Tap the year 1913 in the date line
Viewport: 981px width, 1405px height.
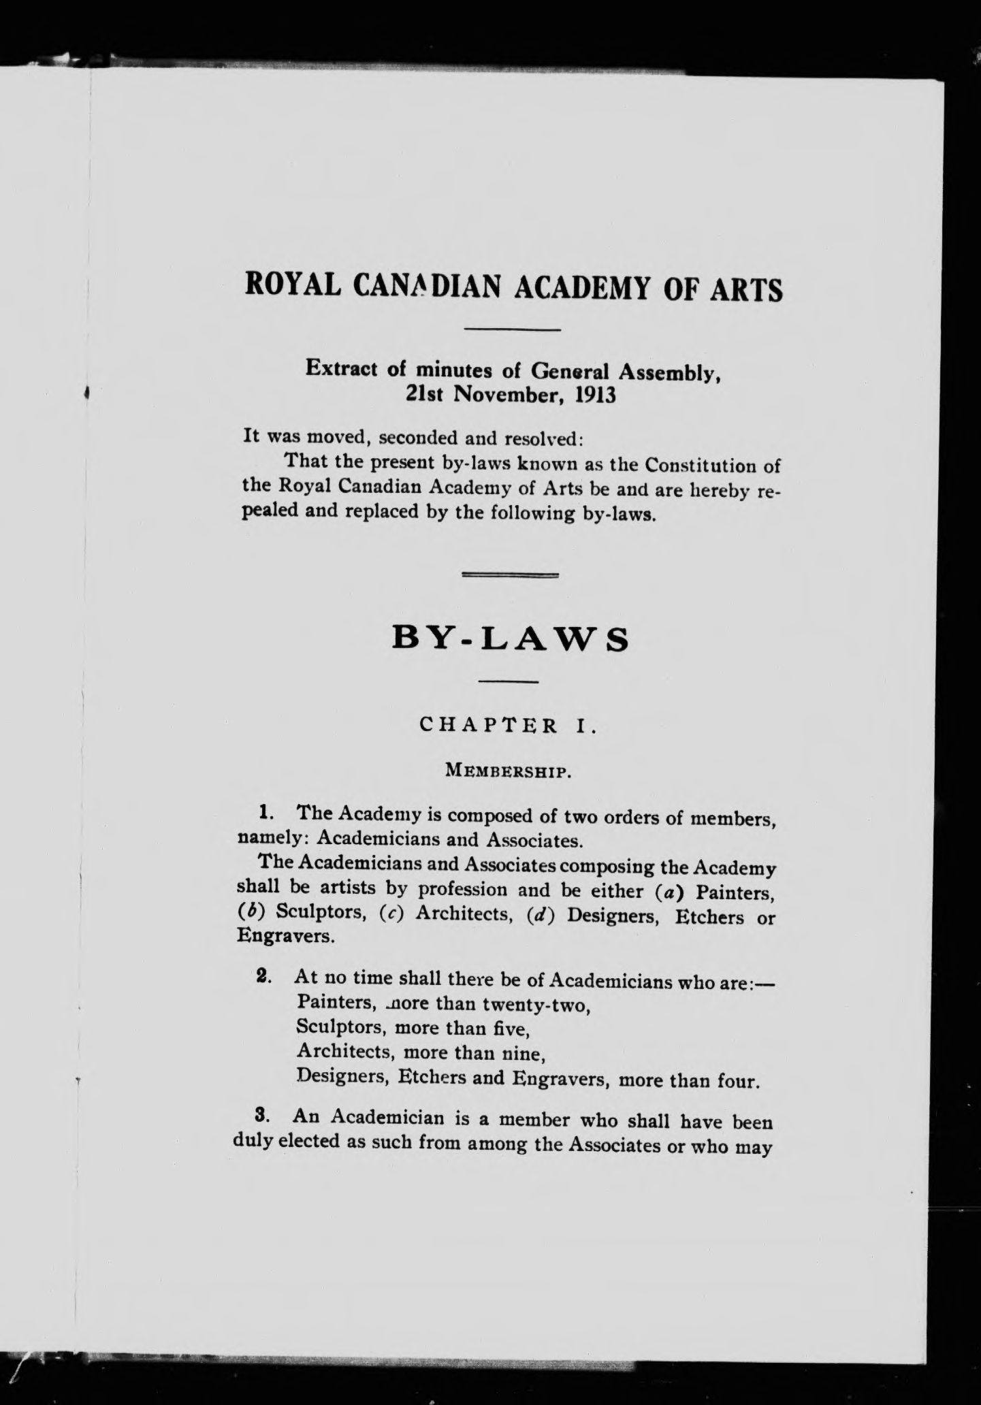pyautogui.click(x=595, y=395)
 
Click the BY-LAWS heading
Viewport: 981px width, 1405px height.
pyautogui.click(x=511, y=641)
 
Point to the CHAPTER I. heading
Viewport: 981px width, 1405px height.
pyautogui.click(x=509, y=726)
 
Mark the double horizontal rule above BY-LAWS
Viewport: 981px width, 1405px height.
pyautogui.click(x=510, y=575)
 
